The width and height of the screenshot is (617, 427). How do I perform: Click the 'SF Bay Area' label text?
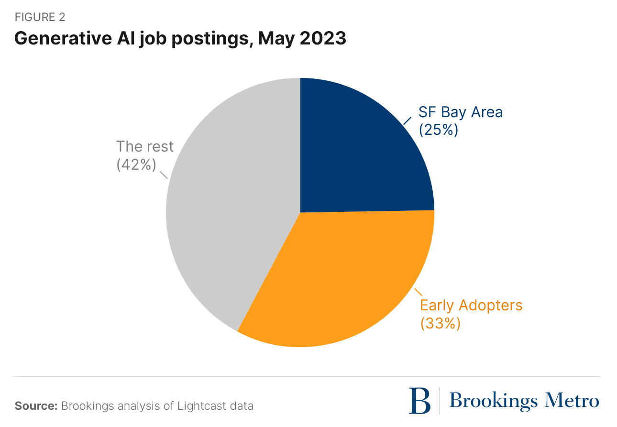pos(460,112)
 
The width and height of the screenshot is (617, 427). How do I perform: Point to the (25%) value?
pos(438,130)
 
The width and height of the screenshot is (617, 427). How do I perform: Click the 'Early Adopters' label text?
pos(471,305)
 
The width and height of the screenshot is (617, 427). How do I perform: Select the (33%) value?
pos(440,323)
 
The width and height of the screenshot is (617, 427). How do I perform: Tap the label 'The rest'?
pos(145,147)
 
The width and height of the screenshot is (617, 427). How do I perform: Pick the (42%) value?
pos(136,164)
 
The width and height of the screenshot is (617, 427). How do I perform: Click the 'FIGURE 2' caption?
pos(40,18)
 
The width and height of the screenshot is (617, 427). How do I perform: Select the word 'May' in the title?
pos(274,39)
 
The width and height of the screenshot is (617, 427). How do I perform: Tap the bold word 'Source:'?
pos(36,406)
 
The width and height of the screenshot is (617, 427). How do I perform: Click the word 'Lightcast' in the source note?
pos(191,406)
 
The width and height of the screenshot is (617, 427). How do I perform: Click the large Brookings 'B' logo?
pos(419,401)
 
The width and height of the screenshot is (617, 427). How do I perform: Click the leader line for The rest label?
pos(163,174)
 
